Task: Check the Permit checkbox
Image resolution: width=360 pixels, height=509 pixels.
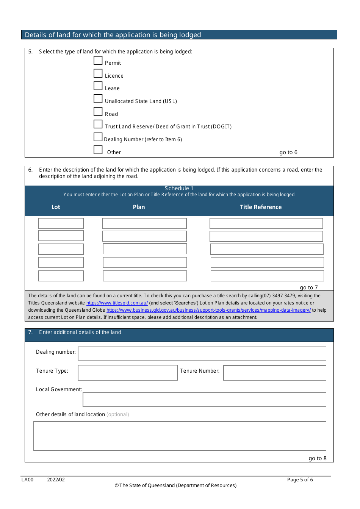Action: click(x=98, y=61)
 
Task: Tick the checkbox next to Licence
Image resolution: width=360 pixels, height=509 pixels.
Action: click(x=98, y=73)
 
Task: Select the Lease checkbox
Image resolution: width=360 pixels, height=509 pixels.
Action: click(x=98, y=86)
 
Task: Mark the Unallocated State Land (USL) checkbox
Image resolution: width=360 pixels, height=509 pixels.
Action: click(x=98, y=99)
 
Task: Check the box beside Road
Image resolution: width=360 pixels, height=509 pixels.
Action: click(x=98, y=112)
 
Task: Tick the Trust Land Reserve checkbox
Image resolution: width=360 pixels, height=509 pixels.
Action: click(x=98, y=124)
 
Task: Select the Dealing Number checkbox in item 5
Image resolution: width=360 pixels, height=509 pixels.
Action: click(x=98, y=137)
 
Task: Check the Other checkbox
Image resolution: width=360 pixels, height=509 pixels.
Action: click(x=98, y=150)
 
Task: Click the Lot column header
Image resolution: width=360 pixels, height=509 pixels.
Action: click(x=56, y=207)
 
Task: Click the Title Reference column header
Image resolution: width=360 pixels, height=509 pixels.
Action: click(x=261, y=207)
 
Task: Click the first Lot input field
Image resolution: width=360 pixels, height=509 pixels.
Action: click(x=61, y=223)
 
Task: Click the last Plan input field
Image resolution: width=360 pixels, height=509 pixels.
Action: click(x=145, y=276)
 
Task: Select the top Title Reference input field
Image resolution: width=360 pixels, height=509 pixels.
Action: click(x=266, y=223)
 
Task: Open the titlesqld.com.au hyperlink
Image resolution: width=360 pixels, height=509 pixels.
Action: click(x=117, y=303)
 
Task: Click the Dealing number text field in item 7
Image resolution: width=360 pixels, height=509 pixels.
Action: click(x=202, y=354)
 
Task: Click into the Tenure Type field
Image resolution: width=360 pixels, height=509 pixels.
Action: click(x=128, y=373)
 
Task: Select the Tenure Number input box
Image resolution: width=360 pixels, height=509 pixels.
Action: click(x=275, y=373)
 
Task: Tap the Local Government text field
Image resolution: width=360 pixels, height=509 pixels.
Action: click(x=204, y=400)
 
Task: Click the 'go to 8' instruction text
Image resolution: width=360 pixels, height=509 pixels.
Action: click(x=318, y=458)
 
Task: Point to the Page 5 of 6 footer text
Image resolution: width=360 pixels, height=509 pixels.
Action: click(x=300, y=480)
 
